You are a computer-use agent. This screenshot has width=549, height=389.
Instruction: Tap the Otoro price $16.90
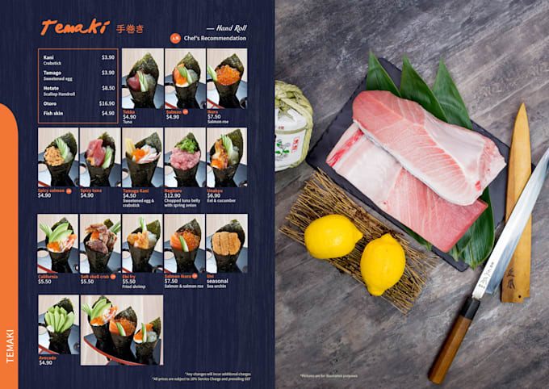pos(107,103)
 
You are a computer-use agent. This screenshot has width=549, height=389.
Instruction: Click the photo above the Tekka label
pos(141,79)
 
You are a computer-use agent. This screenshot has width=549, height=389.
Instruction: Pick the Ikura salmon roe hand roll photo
pos(227,79)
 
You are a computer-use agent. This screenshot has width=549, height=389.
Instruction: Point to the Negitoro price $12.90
pos(174,195)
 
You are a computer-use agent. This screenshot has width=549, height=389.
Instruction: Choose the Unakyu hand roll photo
pos(227,157)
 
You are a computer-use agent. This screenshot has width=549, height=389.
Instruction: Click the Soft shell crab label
pos(96,276)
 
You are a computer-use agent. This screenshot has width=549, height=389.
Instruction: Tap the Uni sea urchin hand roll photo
pos(227,243)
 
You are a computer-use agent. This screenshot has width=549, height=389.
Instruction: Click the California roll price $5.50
pos(44,281)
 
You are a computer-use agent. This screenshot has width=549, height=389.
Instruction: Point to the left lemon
pos(333,236)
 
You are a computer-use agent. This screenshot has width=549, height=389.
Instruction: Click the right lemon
pos(383,263)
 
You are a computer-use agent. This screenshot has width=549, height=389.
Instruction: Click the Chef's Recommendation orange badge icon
pos(174,38)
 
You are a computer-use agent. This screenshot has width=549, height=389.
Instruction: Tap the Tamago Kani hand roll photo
pos(141,157)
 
